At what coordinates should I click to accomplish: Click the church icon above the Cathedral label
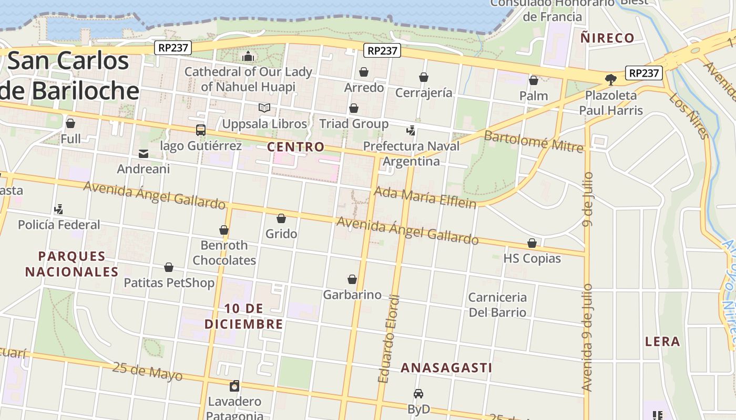248,57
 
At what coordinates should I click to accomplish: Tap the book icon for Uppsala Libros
264,108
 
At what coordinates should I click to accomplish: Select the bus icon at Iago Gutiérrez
200,130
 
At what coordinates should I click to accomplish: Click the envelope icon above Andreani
143,154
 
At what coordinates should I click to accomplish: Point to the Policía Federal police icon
59,209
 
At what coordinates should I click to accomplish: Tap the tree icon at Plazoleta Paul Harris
610,80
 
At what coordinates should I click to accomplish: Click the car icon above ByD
418,394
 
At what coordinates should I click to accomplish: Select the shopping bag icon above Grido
281,218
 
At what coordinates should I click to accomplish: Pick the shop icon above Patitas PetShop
169,268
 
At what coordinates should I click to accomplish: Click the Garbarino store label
352,295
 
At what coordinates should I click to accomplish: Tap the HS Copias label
532,258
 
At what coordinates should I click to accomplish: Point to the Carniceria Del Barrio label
497,304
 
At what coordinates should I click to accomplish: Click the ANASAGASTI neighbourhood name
446,368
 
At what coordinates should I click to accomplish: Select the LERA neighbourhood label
662,342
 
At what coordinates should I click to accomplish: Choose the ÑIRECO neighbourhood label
607,38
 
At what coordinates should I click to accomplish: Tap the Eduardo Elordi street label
390,339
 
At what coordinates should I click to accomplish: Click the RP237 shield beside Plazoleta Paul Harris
644,73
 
